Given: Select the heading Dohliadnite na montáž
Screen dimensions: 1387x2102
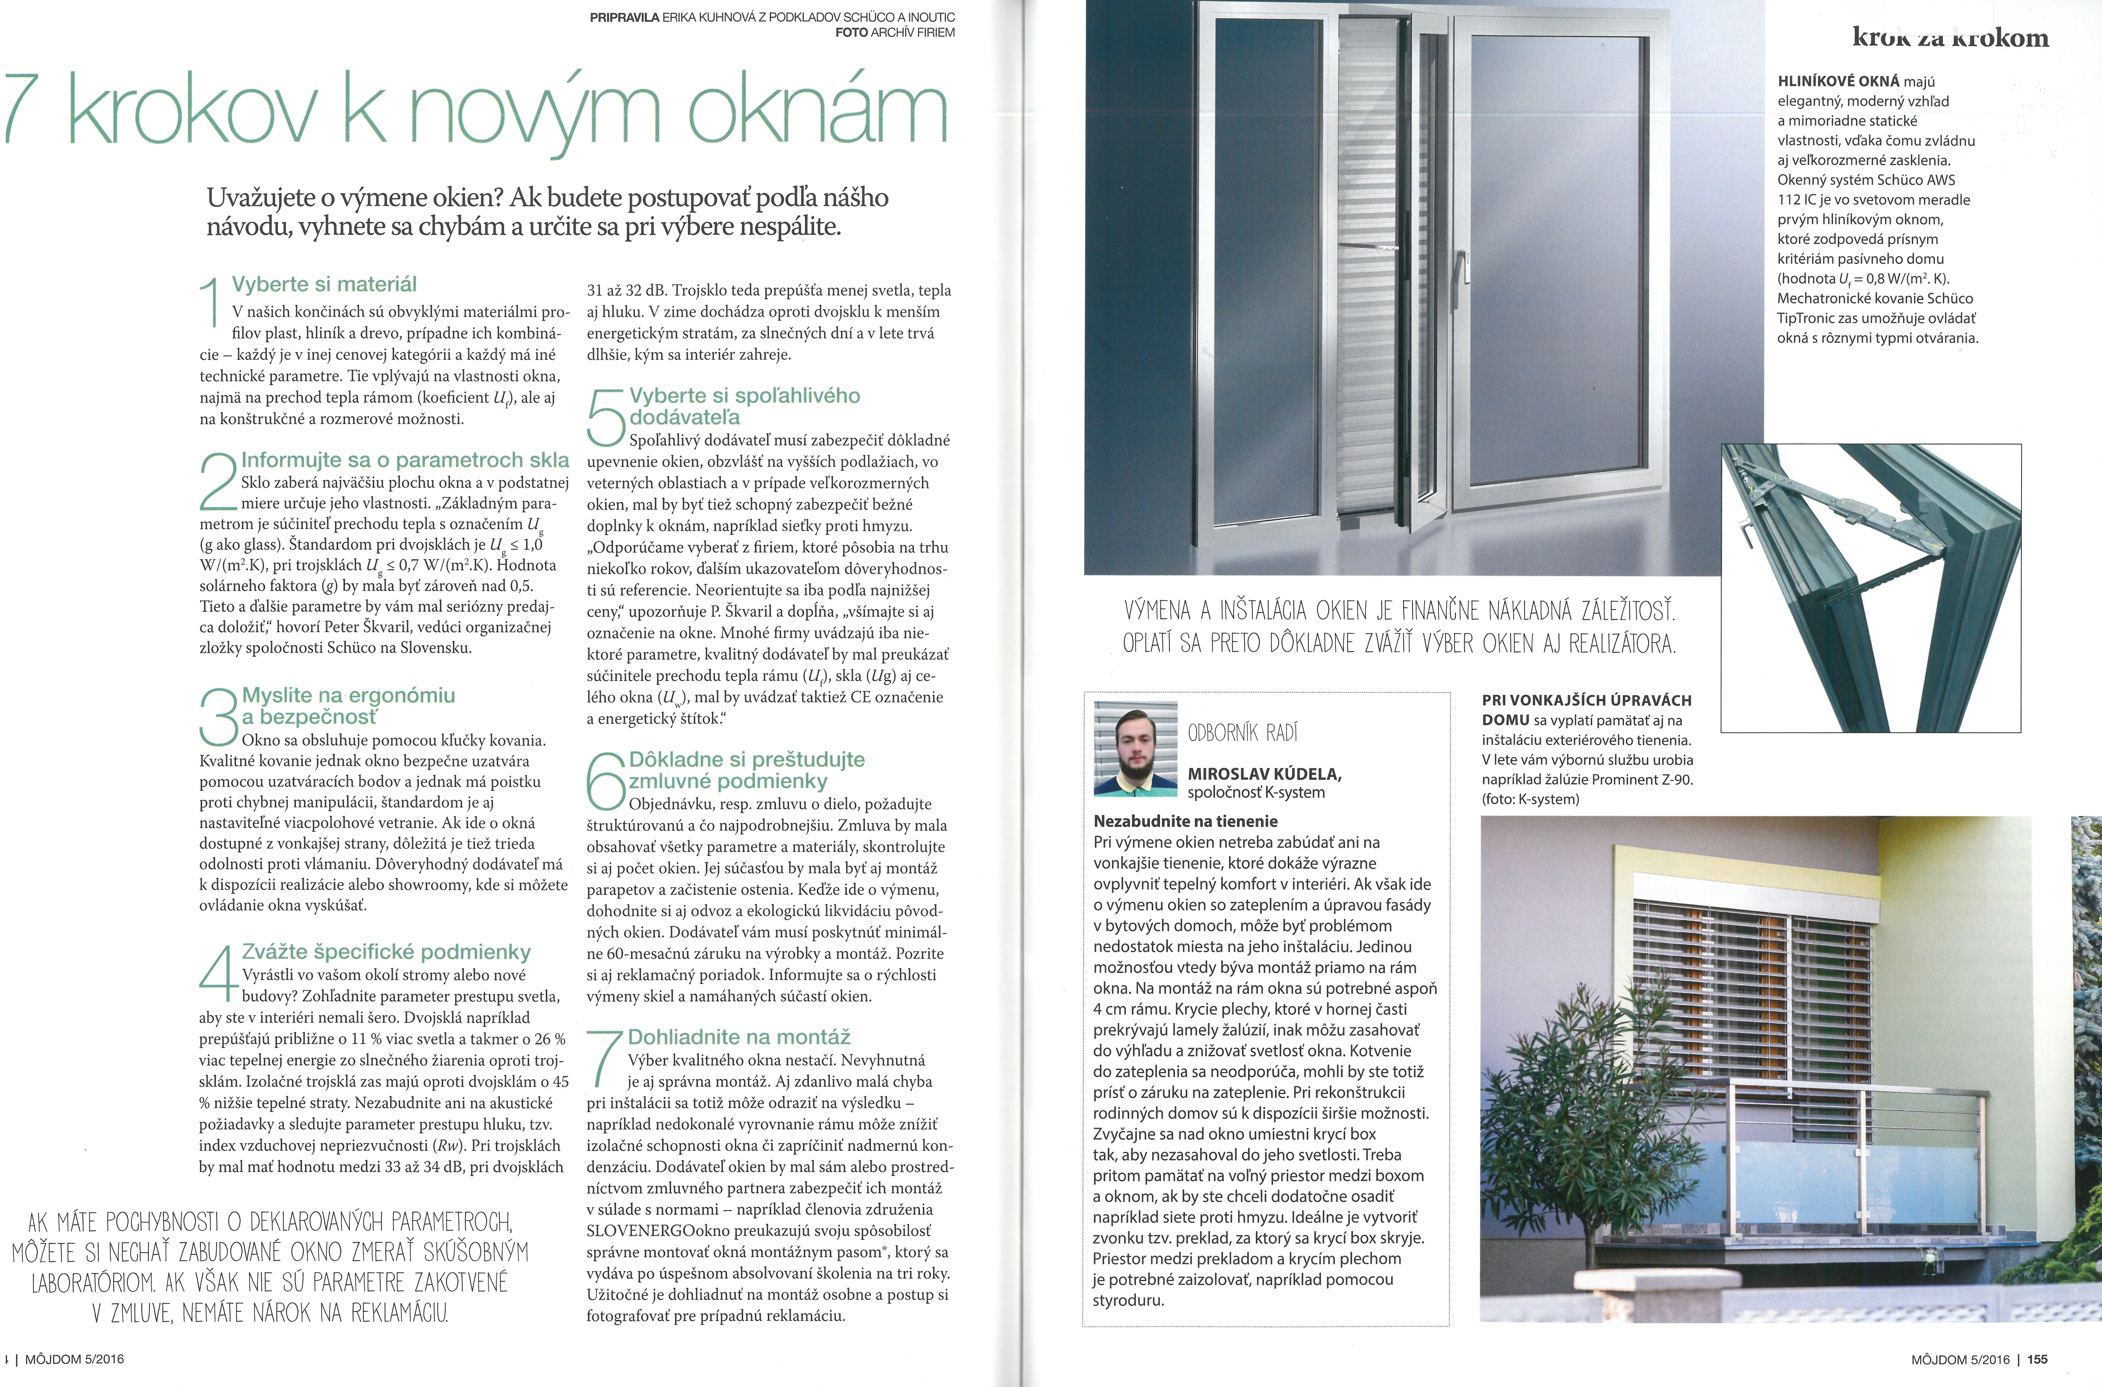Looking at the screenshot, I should click(x=739, y=1037).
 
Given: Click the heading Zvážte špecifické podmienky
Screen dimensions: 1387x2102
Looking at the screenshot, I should click(x=386, y=952).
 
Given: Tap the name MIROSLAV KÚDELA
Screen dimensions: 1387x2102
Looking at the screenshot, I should click(x=1264, y=774).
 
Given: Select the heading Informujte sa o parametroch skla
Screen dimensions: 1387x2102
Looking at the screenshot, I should click(x=405, y=460).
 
